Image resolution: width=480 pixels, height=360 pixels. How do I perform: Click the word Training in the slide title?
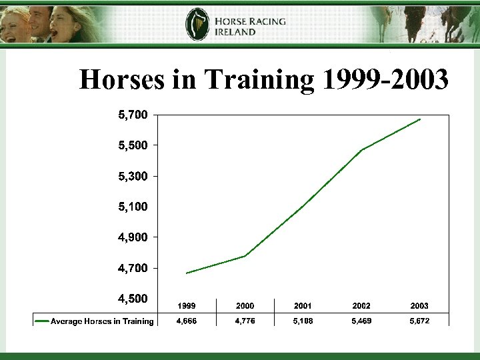(259, 80)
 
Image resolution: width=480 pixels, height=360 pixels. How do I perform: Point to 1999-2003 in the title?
(385, 80)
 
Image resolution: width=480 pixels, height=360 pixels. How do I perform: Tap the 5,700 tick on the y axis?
(133, 115)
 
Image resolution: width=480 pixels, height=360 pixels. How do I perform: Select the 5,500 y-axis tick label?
(133, 145)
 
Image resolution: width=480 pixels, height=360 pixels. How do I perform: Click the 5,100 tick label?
(133, 207)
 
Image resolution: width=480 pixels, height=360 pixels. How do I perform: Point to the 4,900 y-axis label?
(133, 237)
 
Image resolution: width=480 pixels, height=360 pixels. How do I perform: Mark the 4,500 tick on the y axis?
(133, 299)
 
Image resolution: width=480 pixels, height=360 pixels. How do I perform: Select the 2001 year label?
(303, 305)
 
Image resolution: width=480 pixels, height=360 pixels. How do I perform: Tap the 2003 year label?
(419, 305)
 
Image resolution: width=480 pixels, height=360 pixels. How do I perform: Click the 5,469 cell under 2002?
(361, 321)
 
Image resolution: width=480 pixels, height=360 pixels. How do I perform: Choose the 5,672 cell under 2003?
(419, 321)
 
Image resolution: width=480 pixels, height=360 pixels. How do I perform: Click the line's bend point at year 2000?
(245, 256)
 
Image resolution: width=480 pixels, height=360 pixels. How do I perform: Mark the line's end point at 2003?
(420, 119)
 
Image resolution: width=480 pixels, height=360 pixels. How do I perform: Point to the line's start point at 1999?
(187, 273)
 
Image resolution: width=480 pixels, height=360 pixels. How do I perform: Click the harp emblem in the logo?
(197, 25)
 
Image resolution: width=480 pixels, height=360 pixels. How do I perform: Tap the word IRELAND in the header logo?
(235, 32)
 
